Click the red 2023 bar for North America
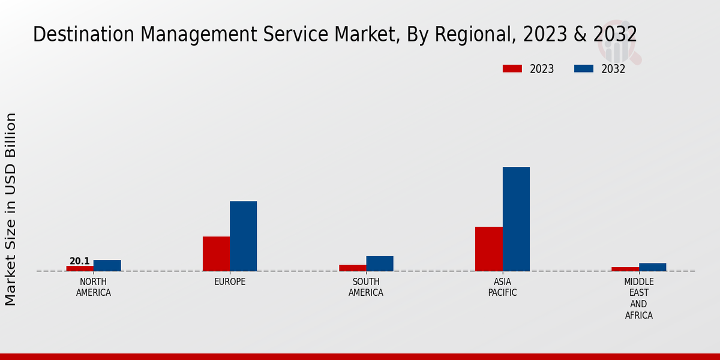(80, 268)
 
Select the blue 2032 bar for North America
(107, 265)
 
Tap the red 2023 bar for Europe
(216, 254)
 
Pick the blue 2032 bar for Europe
(244, 236)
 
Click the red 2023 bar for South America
(353, 268)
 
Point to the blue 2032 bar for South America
(380, 263)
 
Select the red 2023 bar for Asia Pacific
(489, 248)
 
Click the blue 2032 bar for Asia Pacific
(516, 219)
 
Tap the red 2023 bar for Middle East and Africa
(625, 269)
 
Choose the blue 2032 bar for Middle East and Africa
(653, 267)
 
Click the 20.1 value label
(80, 261)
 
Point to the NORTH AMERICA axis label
(94, 287)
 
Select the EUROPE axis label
(230, 282)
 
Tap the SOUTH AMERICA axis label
(366, 287)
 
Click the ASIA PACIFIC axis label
(502, 287)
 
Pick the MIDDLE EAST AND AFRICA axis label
(639, 299)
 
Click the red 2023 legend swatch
(512, 68)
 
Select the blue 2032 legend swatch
(584, 68)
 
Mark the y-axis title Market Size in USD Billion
(11, 209)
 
